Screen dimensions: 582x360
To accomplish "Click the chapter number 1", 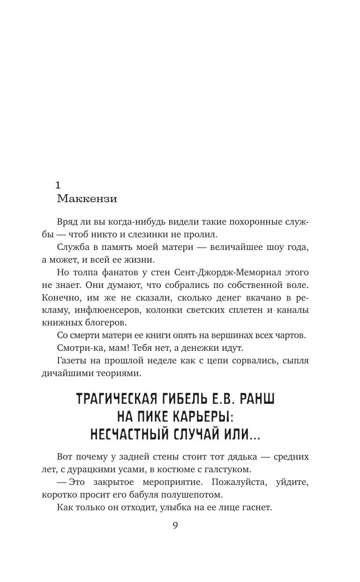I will [x=59, y=184].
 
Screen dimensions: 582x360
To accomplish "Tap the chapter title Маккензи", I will [x=87, y=198].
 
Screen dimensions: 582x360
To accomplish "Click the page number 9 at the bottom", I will [x=175, y=525].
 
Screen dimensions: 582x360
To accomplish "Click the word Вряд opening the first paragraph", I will [x=67, y=222].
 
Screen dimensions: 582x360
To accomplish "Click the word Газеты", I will [x=72, y=361].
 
